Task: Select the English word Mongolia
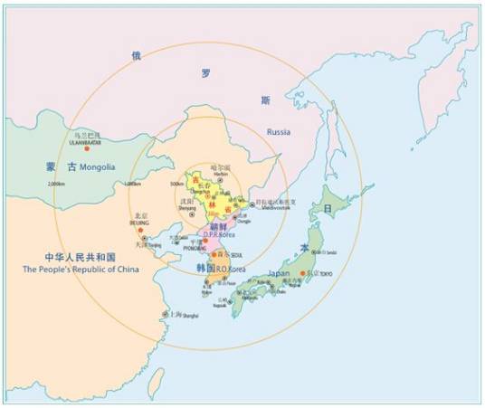[98, 167]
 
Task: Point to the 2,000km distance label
[57, 185]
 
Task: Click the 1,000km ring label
[132, 185]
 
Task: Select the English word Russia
[279, 132]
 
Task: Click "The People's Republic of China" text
[68, 270]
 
